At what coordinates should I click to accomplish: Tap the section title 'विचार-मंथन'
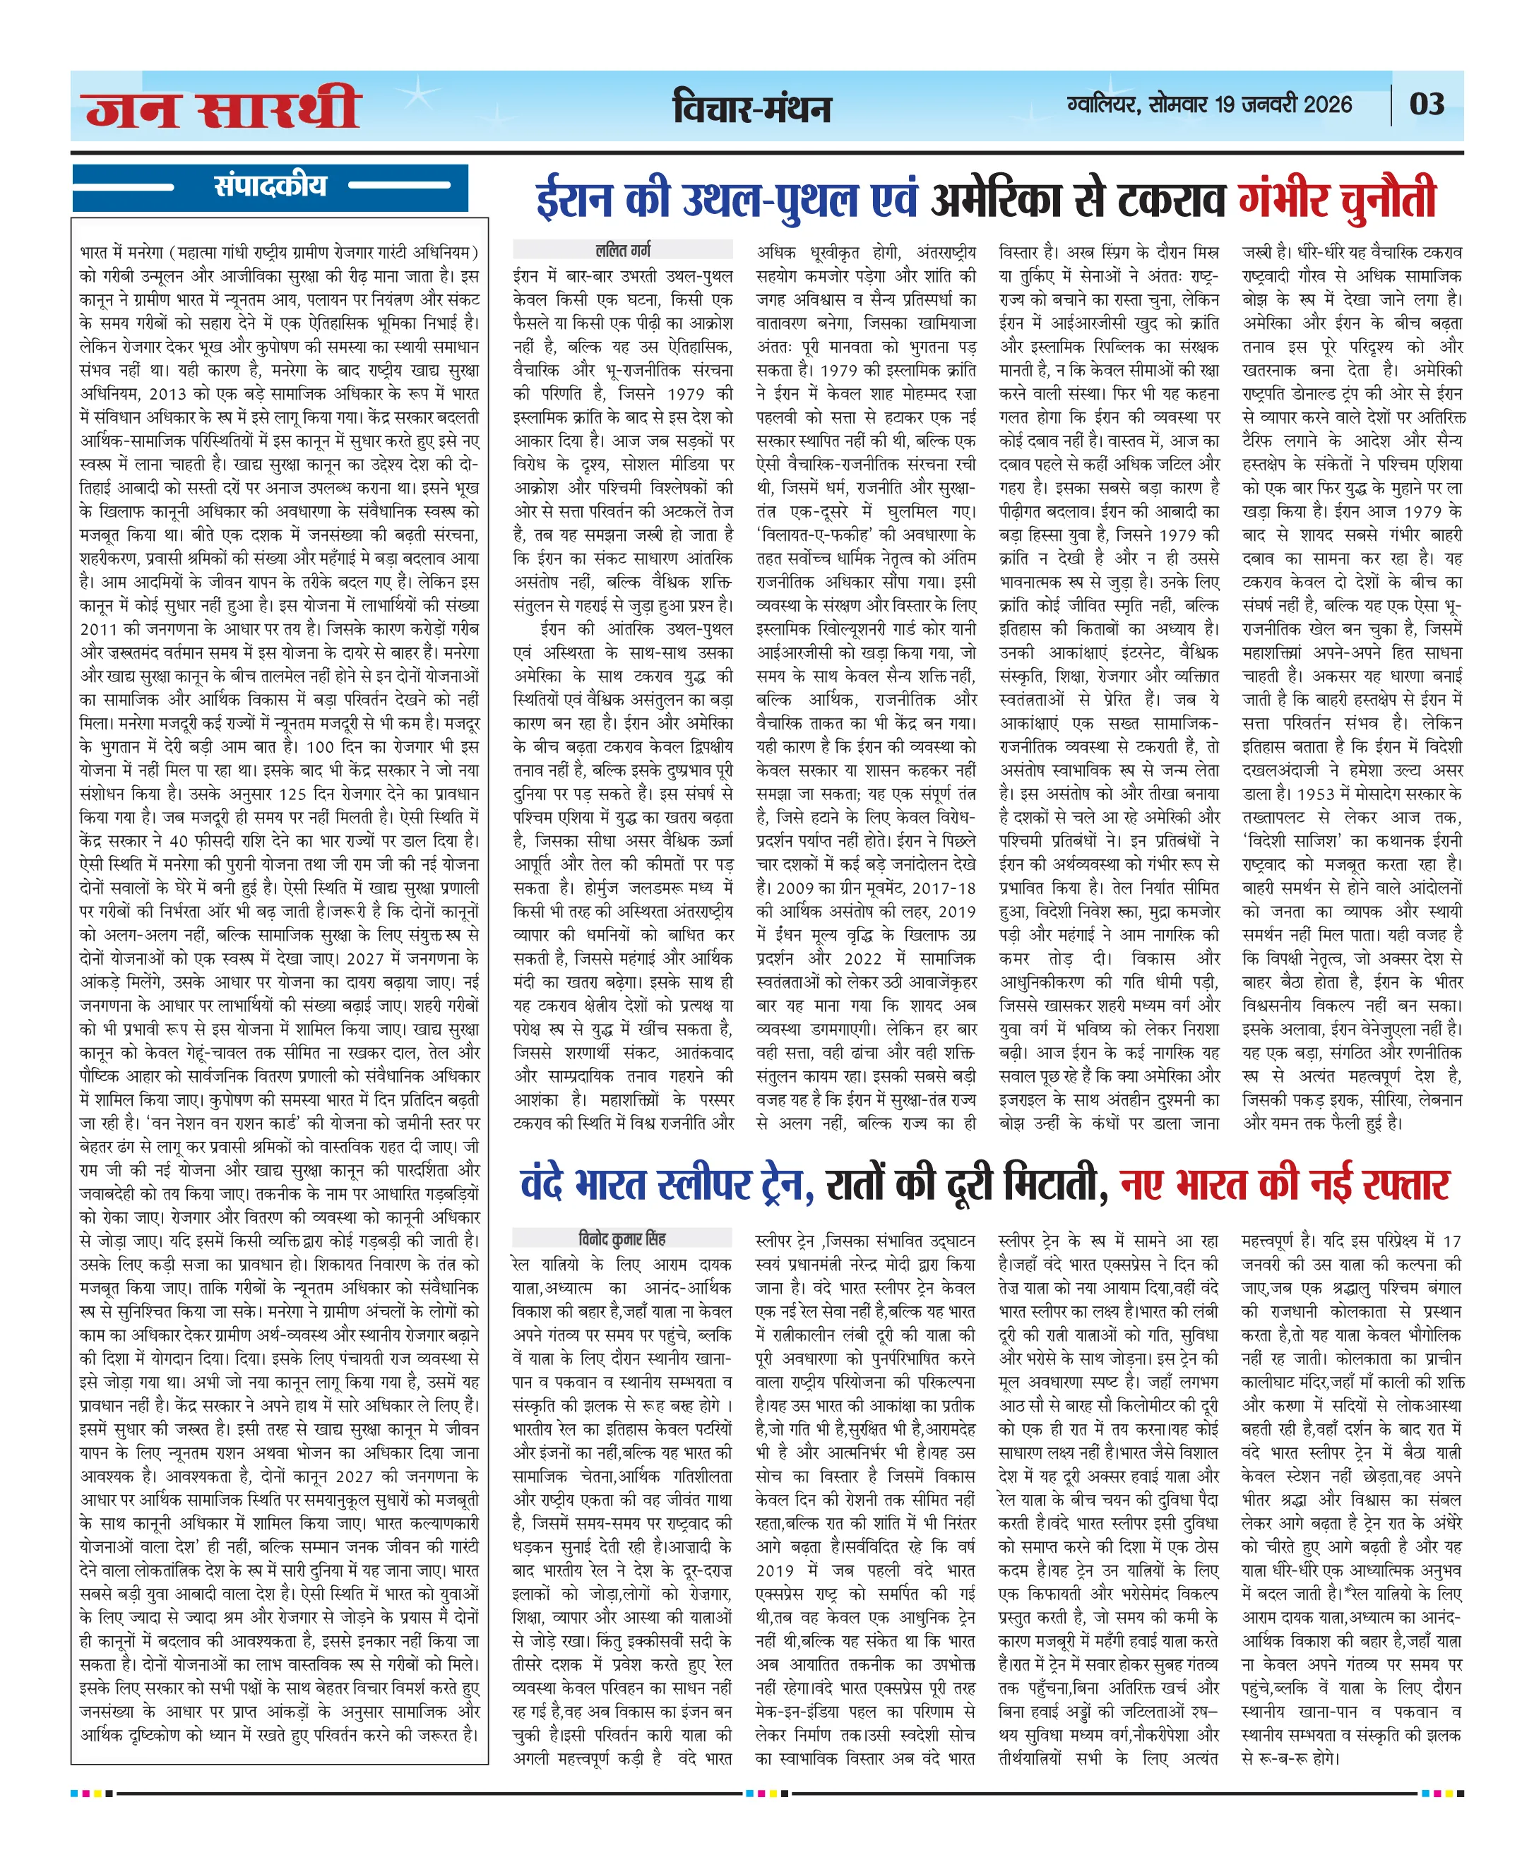[x=752, y=108]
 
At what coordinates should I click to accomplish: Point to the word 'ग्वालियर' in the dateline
[x=1104, y=105]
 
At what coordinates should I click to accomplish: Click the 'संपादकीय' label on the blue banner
[x=270, y=186]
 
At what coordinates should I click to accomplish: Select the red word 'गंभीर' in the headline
[x=1285, y=201]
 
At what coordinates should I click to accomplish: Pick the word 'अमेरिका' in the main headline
[x=996, y=201]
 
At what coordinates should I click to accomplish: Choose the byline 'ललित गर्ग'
[x=622, y=250]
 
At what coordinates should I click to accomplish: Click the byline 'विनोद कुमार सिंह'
[x=622, y=1238]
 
